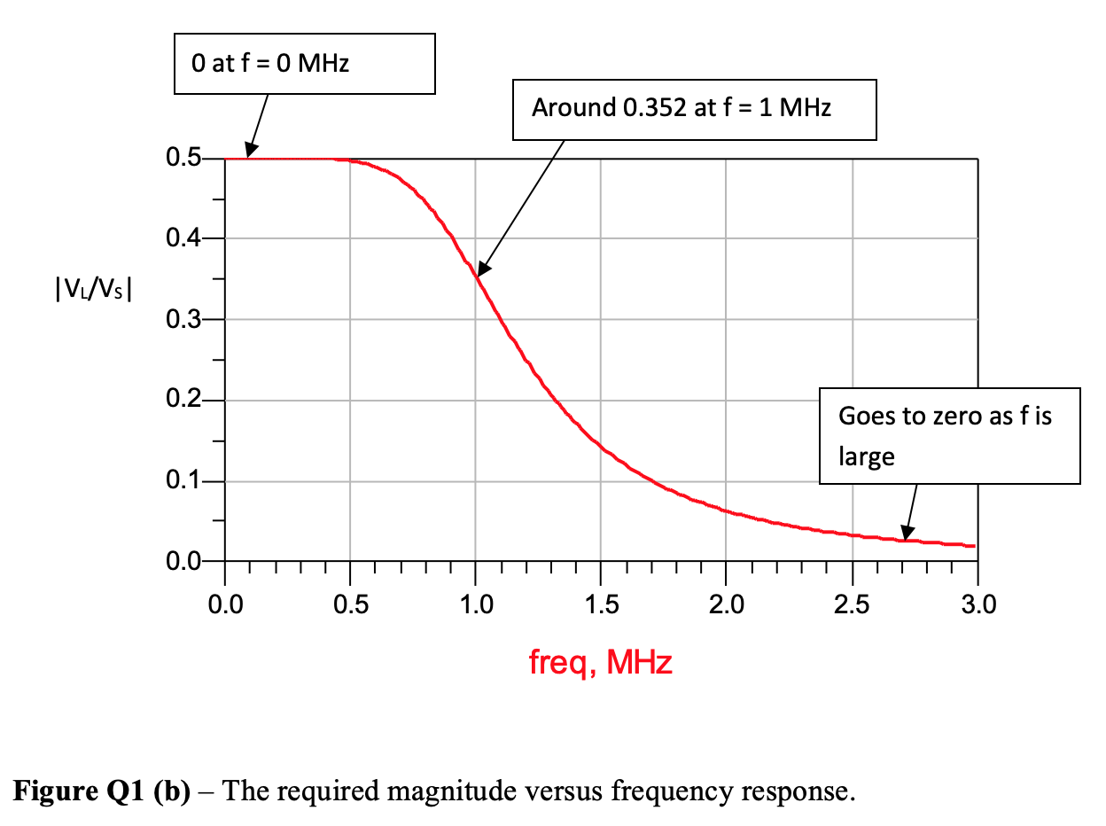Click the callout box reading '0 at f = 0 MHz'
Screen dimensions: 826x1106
[304, 64]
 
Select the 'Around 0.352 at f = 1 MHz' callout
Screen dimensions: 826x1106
[694, 109]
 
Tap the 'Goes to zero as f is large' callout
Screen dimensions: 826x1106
[948, 436]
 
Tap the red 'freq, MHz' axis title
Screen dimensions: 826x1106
[601, 662]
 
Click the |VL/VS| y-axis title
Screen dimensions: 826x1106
[93, 289]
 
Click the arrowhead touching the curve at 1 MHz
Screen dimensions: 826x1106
[481, 269]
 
